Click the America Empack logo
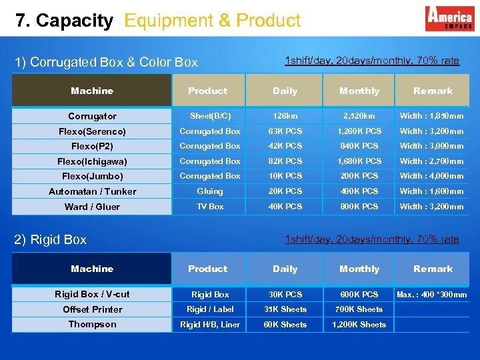click(x=449, y=18)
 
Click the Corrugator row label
click(x=92, y=116)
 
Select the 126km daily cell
click(x=285, y=116)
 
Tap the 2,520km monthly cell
click(x=359, y=116)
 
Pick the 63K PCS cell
click(x=285, y=131)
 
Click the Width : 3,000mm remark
click(x=432, y=146)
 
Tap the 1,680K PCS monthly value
click(x=359, y=161)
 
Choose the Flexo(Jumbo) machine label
click(x=93, y=177)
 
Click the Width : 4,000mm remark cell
click(x=432, y=176)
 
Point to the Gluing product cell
click(x=210, y=191)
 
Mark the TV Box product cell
click(x=210, y=207)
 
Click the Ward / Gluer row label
click(x=92, y=207)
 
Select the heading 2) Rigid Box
click(x=51, y=239)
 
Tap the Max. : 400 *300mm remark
click(x=432, y=295)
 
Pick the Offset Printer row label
click(x=93, y=309)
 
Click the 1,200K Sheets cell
click(x=359, y=325)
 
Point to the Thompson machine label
click(x=92, y=325)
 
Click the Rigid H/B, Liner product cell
click(x=210, y=325)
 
